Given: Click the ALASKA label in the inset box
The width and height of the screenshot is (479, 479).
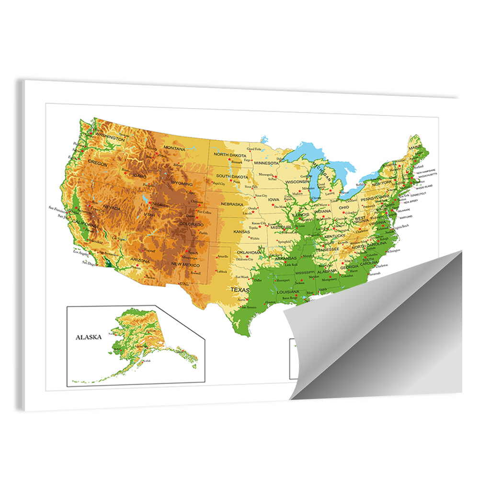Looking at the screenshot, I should tap(89, 337).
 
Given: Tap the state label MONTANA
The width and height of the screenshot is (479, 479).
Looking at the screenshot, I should tap(174, 148).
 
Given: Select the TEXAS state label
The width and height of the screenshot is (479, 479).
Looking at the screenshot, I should tap(240, 290).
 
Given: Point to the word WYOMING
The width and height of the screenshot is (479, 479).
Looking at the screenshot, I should tap(182, 184).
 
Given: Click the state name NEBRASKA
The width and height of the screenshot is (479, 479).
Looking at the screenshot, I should tap(231, 204).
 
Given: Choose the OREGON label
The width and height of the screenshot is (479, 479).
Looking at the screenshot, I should tap(98, 164).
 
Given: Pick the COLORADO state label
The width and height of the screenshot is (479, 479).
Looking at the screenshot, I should tap(190, 223).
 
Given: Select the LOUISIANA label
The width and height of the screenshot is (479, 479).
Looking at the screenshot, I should tap(287, 292).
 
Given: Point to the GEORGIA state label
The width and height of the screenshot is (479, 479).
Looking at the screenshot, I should tap(349, 267).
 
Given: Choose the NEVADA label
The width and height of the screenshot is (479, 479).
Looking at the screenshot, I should tap(111, 208).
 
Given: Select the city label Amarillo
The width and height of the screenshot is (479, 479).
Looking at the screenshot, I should tap(223, 256).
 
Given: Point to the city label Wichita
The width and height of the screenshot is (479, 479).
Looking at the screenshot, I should tap(254, 238).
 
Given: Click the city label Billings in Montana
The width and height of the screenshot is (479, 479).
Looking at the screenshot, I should tap(178, 165).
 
